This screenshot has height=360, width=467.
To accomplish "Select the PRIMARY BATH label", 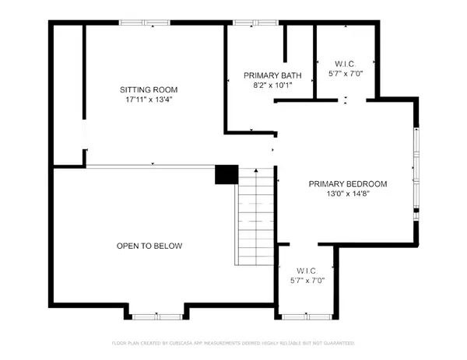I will (x=266, y=75).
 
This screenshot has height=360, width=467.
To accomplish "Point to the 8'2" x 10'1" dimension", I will (x=266, y=86).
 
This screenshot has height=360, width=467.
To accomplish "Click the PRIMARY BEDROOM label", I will (x=347, y=184).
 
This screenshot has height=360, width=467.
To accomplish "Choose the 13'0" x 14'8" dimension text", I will (x=347, y=194).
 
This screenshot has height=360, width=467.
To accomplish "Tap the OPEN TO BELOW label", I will (x=149, y=246).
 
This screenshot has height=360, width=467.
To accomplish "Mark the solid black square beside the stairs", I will (x=226, y=174).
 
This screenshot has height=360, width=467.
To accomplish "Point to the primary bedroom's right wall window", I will (x=416, y=166).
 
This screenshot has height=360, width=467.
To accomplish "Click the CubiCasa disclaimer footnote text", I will (x=233, y=343).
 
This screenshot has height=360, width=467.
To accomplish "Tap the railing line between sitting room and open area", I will (x=149, y=165).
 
